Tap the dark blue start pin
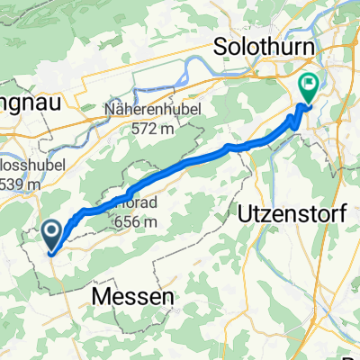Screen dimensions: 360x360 coord(52,238)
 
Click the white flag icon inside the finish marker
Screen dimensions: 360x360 coord(309,86)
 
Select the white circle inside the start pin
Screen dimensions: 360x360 coord(52,233)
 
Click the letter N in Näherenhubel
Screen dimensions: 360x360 coord(110,113)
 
